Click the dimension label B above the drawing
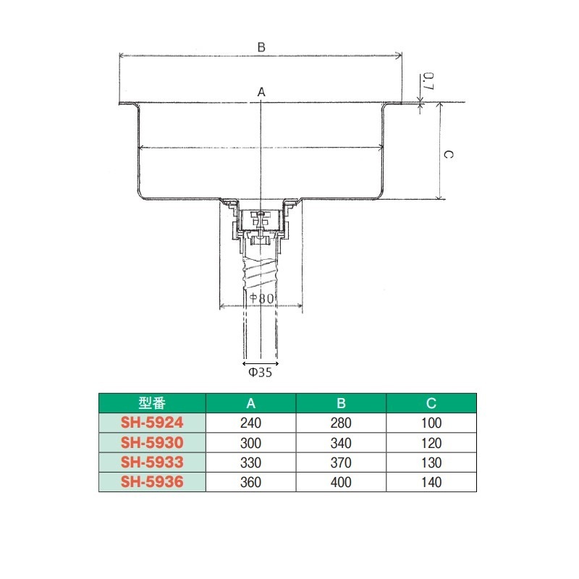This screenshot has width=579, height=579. [x=261, y=47]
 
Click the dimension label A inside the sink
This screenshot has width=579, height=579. [x=261, y=92]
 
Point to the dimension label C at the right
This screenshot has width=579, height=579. [x=447, y=154]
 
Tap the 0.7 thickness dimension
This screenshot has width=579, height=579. [x=428, y=81]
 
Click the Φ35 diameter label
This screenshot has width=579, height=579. [x=260, y=373]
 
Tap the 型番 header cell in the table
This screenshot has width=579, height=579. [x=153, y=403]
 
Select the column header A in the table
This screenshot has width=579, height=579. [x=250, y=403]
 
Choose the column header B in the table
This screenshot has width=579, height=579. [x=341, y=403]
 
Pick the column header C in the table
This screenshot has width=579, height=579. [x=431, y=403]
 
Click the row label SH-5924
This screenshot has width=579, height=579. [x=153, y=423]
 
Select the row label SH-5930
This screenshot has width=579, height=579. [x=153, y=442]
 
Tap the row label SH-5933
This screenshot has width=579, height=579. [x=153, y=462]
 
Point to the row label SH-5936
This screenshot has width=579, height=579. [x=153, y=481]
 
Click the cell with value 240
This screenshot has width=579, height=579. [x=250, y=423]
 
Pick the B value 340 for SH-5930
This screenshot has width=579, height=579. [x=341, y=442]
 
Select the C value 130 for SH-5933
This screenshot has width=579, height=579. [x=431, y=462]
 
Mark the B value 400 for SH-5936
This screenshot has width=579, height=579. [x=341, y=481]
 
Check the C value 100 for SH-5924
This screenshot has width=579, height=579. [x=431, y=423]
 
